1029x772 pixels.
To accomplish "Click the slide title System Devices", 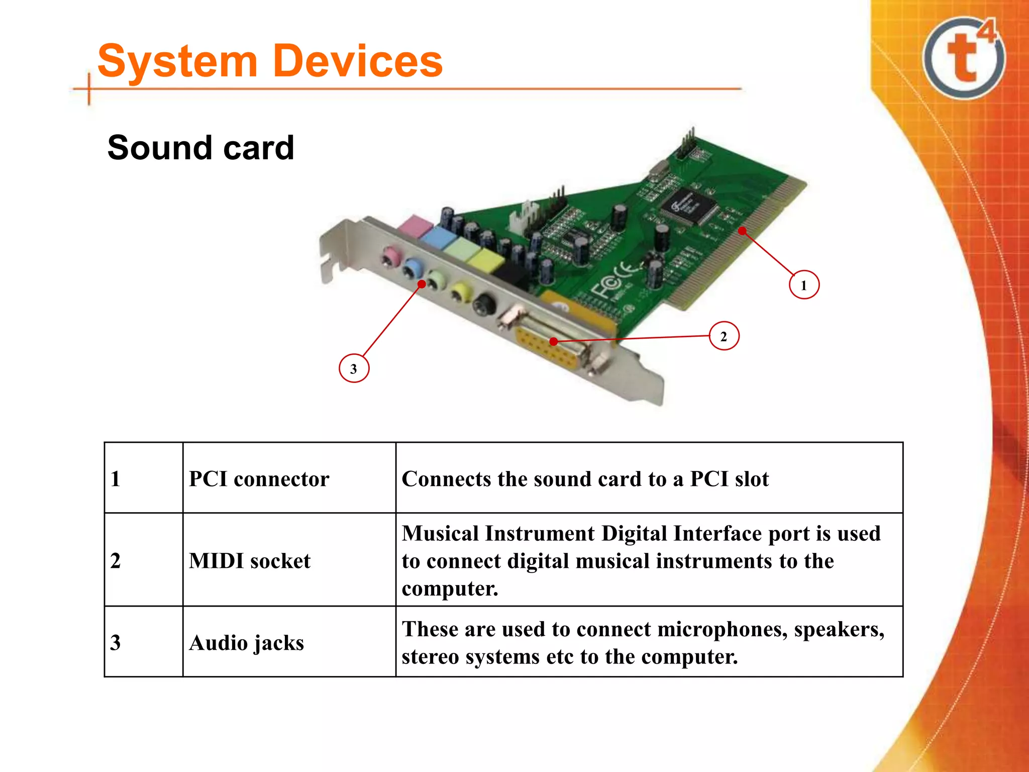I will pyautogui.click(x=270, y=61).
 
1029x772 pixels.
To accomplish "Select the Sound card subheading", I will pyautogui.click(x=200, y=148).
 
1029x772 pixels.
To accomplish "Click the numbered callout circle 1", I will pyautogui.click(x=803, y=285).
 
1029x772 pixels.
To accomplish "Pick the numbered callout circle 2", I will pyautogui.click(x=724, y=336).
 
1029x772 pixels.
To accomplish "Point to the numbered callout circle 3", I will pyautogui.click(x=354, y=368).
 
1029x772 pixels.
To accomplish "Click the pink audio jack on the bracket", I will pyautogui.click(x=390, y=257).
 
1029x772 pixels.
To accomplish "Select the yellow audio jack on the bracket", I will pyautogui.click(x=460, y=292).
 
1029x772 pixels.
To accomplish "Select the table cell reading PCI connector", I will pyautogui.click(x=259, y=479).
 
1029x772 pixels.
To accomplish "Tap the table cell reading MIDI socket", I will pyautogui.click(x=250, y=561).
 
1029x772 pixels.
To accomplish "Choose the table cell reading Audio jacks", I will pyautogui.click(x=246, y=643).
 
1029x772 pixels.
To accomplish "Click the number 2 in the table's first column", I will pyautogui.click(x=116, y=561).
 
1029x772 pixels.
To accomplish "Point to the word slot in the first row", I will pyautogui.click(x=751, y=479).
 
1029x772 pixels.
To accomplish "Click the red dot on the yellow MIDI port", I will pyautogui.click(x=553, y=342).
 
